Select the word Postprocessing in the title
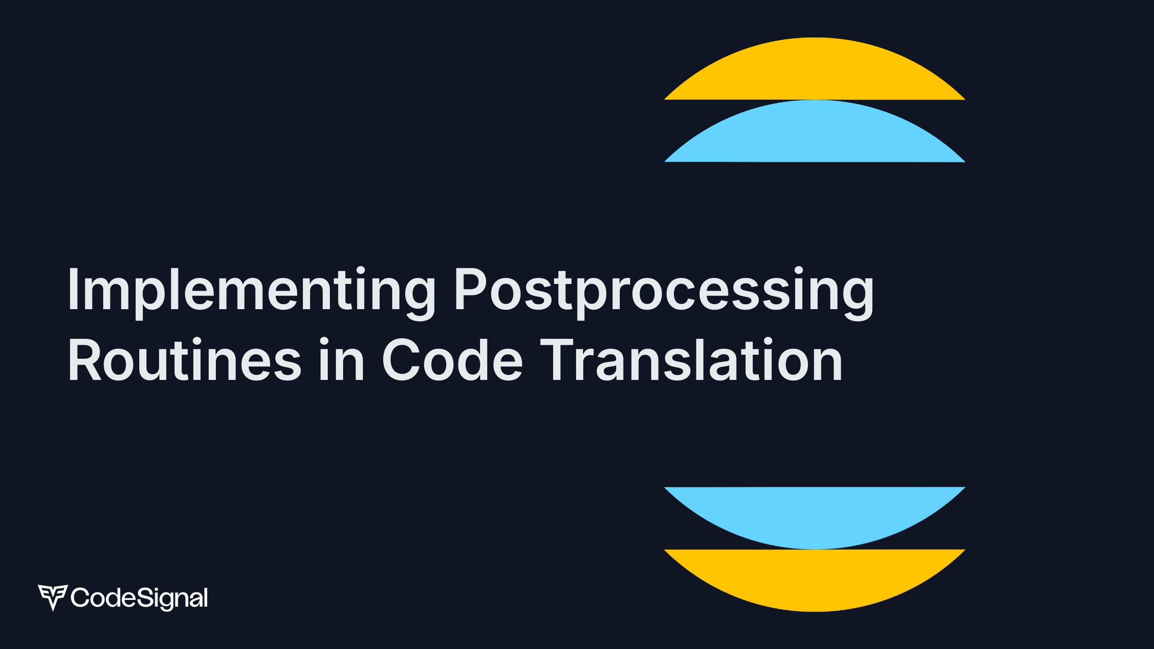[664, 290]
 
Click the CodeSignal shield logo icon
[53, 597]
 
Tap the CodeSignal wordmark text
[139, 598]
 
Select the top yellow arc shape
[815, 72]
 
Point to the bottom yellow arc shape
[815, 577]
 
